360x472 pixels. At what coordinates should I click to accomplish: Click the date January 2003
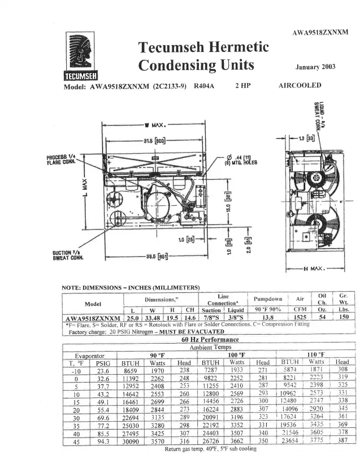pos(315,67)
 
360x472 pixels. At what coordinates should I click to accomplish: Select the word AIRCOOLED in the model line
pos(300,86)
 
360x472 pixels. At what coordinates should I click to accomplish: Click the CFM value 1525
pos(303,318)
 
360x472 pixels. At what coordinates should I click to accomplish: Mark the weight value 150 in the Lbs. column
pos(343,318)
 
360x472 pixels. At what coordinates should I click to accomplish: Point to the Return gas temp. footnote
pos(210,449)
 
